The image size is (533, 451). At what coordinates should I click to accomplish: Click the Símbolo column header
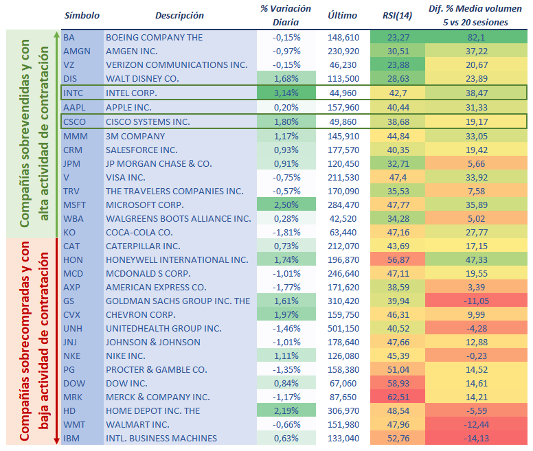point(82,15)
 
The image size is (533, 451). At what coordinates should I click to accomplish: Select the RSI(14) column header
point(397,15)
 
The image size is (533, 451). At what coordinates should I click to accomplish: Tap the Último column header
point(343,15)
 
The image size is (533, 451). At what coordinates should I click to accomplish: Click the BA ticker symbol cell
point(69,37)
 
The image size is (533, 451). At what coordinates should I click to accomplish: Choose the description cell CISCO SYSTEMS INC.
point(148,122)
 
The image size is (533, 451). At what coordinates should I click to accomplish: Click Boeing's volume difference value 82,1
point(477,37)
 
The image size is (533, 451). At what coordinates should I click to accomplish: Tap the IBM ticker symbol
point(71,438)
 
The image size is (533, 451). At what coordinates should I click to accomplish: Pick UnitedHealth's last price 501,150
point(343,328)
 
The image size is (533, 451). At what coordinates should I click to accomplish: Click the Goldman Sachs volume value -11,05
point(477,301)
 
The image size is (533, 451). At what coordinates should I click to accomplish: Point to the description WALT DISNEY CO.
point(142,78)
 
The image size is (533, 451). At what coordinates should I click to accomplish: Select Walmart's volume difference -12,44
point(477,424)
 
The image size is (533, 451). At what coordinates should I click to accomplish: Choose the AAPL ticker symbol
point(73,108)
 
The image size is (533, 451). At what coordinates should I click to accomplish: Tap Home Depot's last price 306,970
point(343,410)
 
